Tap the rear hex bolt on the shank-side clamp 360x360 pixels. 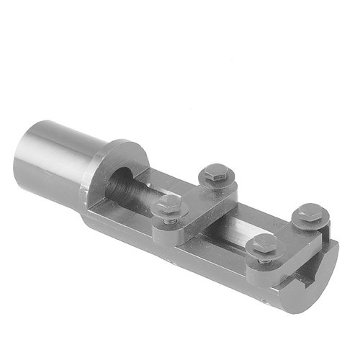[x=215, y=173]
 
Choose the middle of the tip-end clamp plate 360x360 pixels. [x=288, y=238]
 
